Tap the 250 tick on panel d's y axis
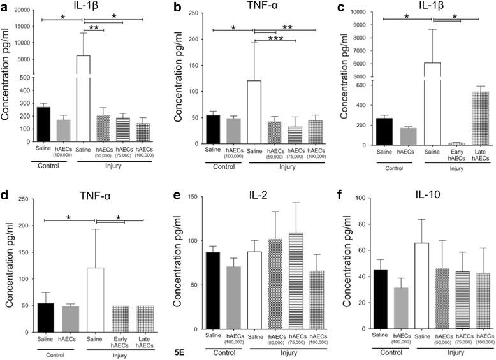click(24, 199)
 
